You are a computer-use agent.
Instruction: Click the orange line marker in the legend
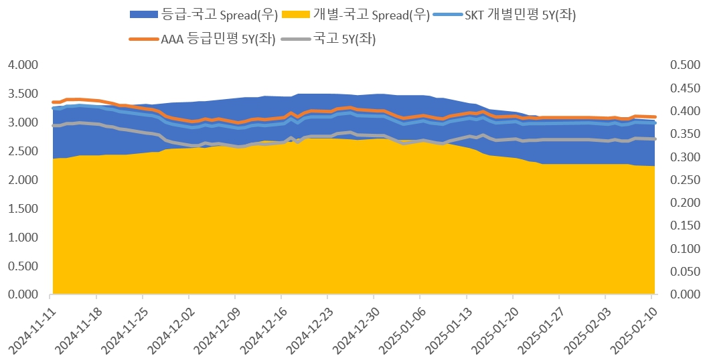pyautogui.click(x=143, y=39)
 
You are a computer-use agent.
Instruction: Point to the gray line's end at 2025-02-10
pyautogui.click(x=655, y=139)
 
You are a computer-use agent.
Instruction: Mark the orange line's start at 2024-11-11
pyautogui.click(x=53, y=102)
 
